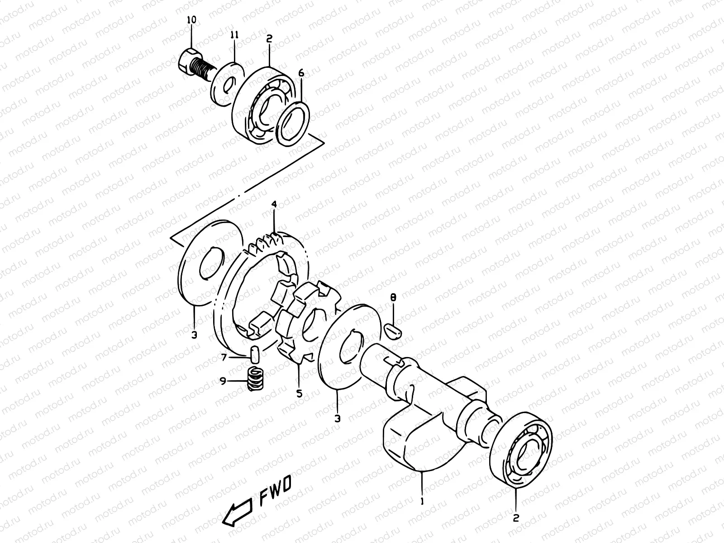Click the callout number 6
pos(301,74)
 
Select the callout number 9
pos(222,381)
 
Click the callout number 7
pos(223,357)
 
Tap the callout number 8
pos(393,298)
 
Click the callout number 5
pos(299,394)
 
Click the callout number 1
pos(422,501)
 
